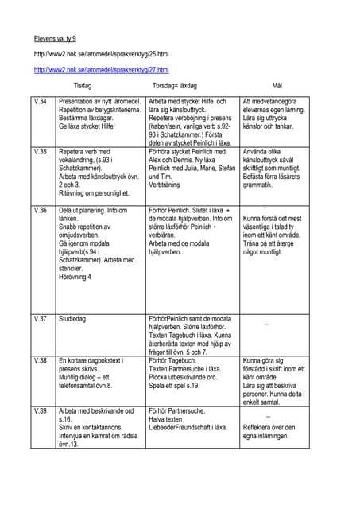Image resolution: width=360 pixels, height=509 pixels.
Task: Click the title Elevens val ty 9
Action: pos(56,37)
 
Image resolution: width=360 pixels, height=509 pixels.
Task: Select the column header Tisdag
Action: pos(82,85)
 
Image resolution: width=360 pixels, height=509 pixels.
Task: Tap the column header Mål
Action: pos(277,85)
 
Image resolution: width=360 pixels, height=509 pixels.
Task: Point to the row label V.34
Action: pos(41,102)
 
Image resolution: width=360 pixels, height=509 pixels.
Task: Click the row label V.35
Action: pos(41,150)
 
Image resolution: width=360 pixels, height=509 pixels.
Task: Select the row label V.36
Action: pos(41,211)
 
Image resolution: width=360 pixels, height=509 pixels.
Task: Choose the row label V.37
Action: pos(41,318)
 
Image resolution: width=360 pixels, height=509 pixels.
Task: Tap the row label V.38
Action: pos(41,360)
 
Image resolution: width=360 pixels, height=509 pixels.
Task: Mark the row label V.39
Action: pos(41,411)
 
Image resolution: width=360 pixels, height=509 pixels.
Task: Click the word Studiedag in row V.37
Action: pos(75,318)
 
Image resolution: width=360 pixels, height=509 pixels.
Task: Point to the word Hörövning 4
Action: pos(75,277)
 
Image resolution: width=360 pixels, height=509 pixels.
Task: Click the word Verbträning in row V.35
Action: pos(168,184)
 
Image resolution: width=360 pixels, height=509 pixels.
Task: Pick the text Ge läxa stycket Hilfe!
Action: pos(87,126)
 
